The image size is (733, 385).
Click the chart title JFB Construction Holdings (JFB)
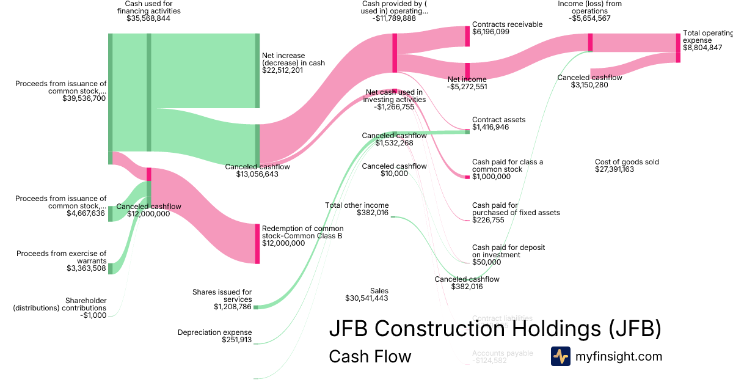click(x=495, y=329)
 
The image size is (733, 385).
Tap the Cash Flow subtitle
click(x=370, y=356)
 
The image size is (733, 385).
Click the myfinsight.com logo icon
click(x=560, y=356)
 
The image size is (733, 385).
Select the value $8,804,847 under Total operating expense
click(x=702, y=48)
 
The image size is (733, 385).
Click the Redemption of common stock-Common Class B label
click(x=298, y=232)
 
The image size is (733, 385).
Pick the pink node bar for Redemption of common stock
click(x=257, y=243)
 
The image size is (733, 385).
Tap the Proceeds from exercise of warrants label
click(x=61, y=257)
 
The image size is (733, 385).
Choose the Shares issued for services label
click(x=221, y=296)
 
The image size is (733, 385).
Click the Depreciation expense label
click(x=214, y=332)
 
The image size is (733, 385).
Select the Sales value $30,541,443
click(x=366, y=298)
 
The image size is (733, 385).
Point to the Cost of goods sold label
click(x=627, y=162)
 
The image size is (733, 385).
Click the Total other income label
click(x=357, y=205)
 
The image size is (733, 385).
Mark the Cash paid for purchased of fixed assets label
click(x=516, y=209)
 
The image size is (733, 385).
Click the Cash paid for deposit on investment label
click(x=508, y=251)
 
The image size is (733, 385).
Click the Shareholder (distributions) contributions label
click(x=60, y=304)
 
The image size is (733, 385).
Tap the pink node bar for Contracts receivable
click(x=467, y=35)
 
